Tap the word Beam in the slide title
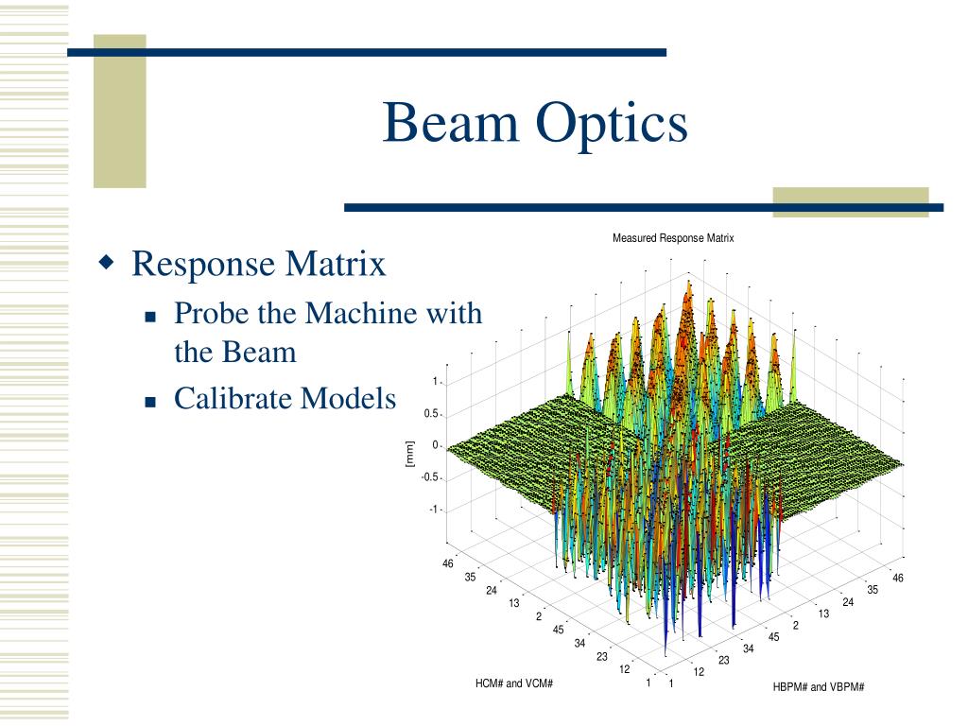click(x=451, y=122)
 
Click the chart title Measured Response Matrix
click(x=673, y=238)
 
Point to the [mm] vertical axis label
click(x=410, y=454)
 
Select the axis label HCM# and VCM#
click(x=513, y=683)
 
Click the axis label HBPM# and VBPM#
click(x=818, y=686)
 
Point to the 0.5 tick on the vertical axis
click(x=431, y=414)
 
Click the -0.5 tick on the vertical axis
click(x=429, y=477)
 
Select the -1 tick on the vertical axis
click(x=433, y=510)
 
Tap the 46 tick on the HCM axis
click(x=447, y=563)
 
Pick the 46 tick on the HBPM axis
click(x=898, y=578)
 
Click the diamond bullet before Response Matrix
click(x=107, y=262)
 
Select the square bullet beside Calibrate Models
click(x=150, y=403)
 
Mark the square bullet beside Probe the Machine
click(x=150, y=318)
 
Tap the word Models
click(x=348, y=398)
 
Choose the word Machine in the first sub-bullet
click(x=363, y=313)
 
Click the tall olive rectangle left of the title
click(x=120, y=112)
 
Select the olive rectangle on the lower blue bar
click(x=851, y=202)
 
